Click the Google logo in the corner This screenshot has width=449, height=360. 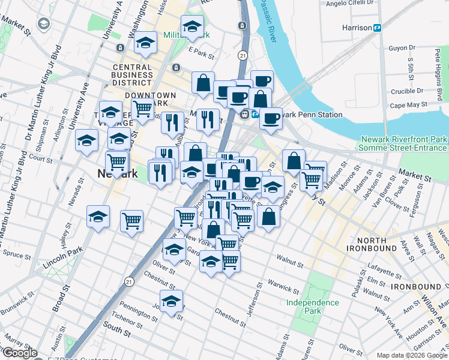[x=20, y=353]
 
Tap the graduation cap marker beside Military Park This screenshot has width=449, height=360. [x=192, y=26]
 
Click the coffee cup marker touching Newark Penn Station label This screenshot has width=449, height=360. [x=271, y=118]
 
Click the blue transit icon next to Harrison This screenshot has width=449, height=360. [x=378, y=27]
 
